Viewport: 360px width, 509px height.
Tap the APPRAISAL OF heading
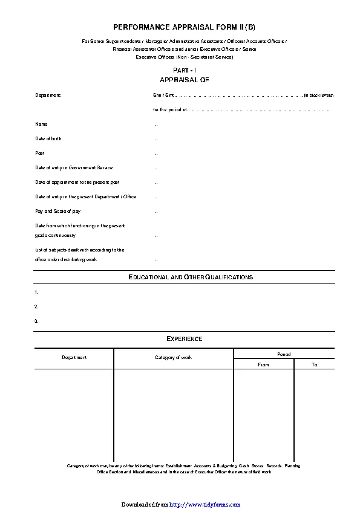coord(184,80)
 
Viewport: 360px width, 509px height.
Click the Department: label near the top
coord(48,95)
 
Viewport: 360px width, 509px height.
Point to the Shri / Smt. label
coord(163,95)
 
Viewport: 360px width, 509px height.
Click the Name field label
coord(41,124)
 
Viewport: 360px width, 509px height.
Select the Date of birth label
coord(48,138)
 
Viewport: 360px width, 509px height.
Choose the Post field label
coord(40,153)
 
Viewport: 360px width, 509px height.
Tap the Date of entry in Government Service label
coord(74,167)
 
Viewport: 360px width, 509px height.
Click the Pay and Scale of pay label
coord(58,211)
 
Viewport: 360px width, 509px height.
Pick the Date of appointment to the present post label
coord(77,182)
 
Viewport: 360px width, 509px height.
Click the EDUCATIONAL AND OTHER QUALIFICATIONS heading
coord(191,277)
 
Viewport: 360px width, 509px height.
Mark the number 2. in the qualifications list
coord(37,306)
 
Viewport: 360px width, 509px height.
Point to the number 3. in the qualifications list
coord(37,321)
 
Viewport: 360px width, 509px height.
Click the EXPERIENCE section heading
coord(184,339)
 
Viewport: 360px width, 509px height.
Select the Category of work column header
coord(173,357)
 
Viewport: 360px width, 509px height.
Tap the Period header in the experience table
coord(284,354)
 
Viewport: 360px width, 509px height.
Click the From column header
coord(263,365)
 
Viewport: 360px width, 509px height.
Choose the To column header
coord(314,365)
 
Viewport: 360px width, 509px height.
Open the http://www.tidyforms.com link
coord(205,504)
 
